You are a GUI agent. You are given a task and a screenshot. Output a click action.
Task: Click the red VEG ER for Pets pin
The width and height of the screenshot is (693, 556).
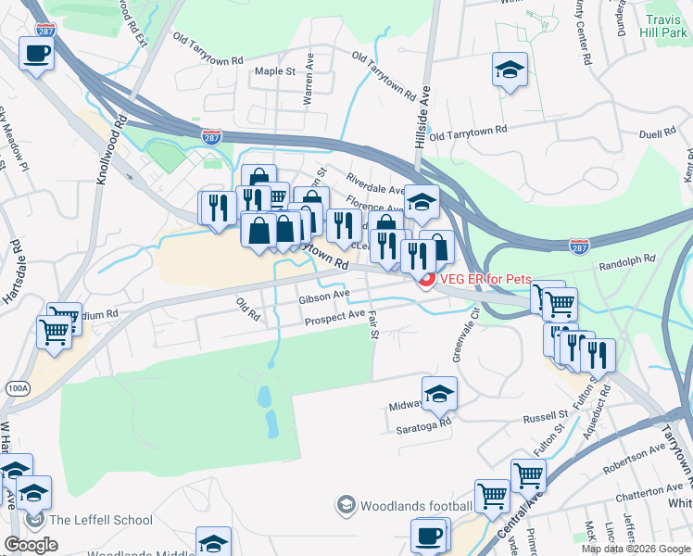point(427,281)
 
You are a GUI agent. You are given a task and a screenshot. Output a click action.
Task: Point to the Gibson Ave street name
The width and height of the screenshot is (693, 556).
point(323,297)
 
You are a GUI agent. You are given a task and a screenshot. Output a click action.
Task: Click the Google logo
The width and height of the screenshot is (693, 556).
point(31,545)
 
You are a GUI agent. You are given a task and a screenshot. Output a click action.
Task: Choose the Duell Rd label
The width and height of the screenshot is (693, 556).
point(657,133)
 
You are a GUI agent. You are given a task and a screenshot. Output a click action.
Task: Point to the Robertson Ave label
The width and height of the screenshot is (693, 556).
point(634,453)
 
